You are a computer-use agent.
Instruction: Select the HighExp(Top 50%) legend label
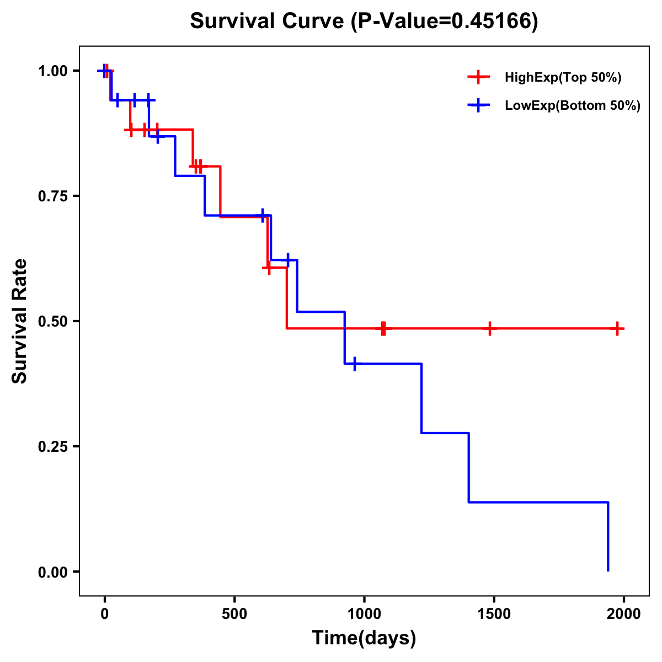point(563,78)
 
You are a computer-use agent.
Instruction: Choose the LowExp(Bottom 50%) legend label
point(573,106)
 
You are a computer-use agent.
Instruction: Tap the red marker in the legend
point(478,78)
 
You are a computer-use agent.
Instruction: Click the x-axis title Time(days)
point(364,638)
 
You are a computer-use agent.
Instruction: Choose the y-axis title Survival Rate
point(20,321)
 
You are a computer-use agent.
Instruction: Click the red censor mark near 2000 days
point(618,329)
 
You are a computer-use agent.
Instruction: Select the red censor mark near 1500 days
point(489,329)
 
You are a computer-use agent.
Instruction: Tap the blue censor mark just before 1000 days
point(354,364)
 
